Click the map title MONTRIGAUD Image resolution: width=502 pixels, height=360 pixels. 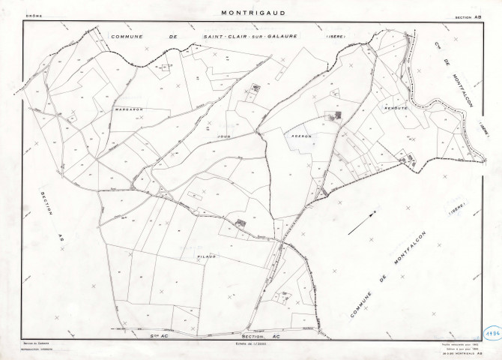tap(250, 13)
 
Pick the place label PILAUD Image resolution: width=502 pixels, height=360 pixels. tap(208, 256)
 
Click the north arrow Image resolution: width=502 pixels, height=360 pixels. tap(378, 217)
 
